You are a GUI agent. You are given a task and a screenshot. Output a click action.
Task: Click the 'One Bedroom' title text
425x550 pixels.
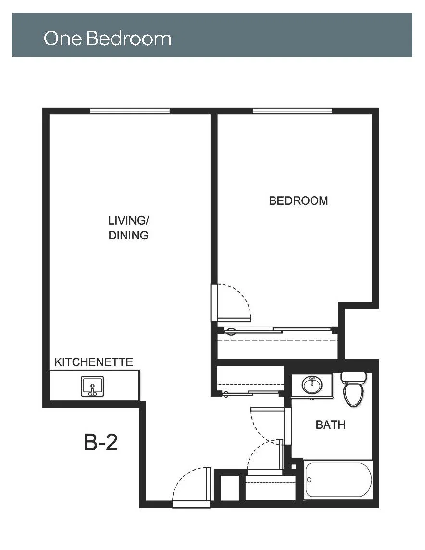tap(107, 38)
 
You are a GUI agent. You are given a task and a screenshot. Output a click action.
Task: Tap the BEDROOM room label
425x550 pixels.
tap(299, 200)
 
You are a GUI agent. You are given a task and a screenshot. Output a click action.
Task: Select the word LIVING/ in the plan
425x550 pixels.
tap(128, 220)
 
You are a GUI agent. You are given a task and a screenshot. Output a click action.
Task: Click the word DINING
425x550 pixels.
tap(128, 236)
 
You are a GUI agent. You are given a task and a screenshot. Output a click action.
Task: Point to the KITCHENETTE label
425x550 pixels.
tap(94, 362)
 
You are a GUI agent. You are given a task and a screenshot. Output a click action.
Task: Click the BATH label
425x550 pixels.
tap(331, 425)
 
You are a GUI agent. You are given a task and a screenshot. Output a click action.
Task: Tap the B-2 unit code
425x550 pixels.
tap(100, 442)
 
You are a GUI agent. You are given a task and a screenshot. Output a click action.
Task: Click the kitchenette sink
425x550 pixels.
tap(93, 386)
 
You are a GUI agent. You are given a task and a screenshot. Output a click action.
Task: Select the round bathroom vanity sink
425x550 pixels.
tap(312, 385)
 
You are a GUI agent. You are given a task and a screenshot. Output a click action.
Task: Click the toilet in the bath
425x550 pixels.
tap(353, 389)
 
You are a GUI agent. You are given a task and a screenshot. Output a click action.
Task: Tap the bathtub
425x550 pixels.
tap(338, 479)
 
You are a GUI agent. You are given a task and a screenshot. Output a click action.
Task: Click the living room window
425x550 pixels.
tap(130, 111)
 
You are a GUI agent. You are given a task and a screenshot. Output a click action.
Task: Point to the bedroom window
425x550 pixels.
tap(292, 111)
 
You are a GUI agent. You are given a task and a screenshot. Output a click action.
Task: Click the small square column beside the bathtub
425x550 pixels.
tap(294, 467)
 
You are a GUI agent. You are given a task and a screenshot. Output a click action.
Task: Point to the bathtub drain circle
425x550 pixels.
tap(309, 479)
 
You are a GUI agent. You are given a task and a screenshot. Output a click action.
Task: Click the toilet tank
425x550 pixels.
tap(353, 377)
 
